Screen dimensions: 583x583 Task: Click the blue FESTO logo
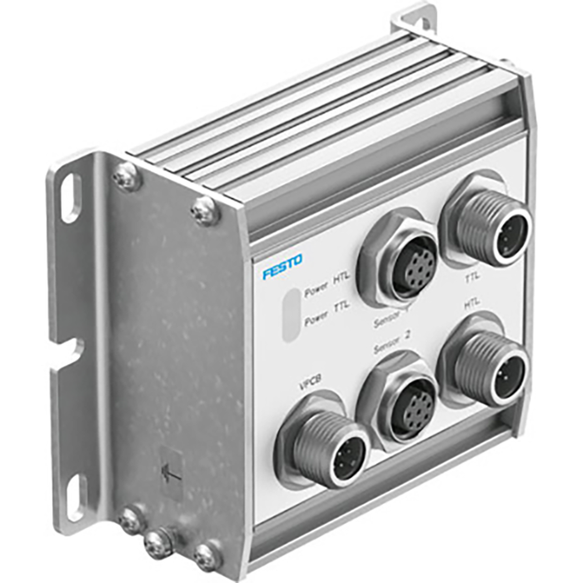click(283, 268)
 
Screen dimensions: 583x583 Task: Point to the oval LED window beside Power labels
click(290, 315)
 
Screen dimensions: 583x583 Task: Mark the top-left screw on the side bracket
click(128, 174)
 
